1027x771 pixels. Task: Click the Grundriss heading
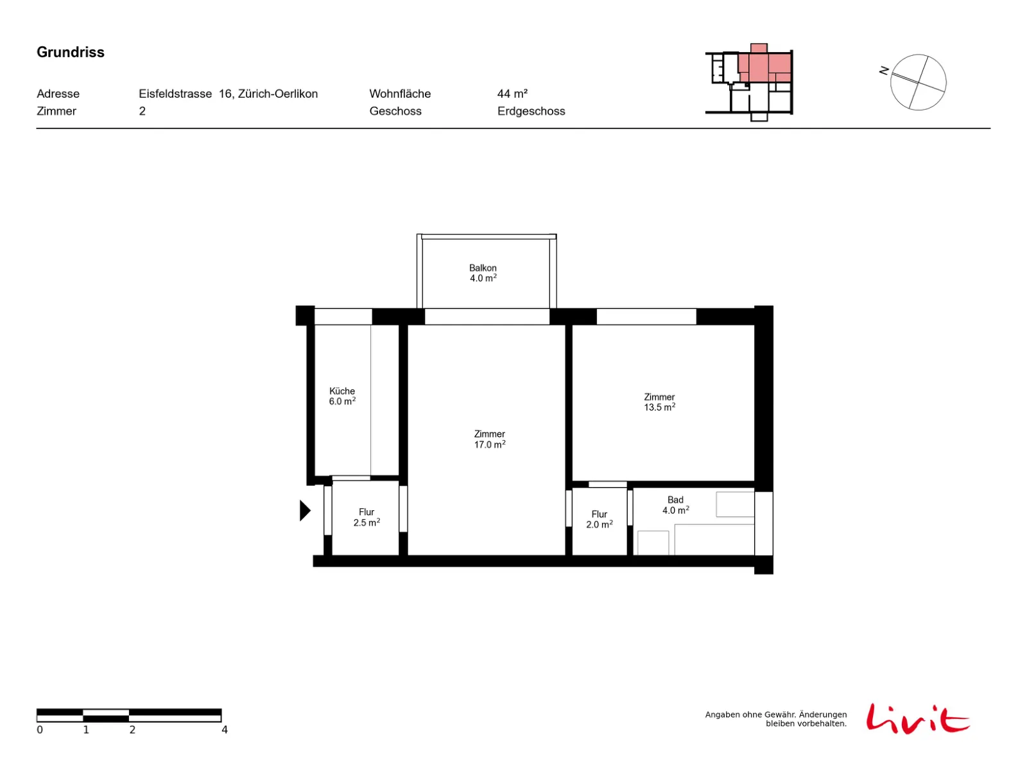[x=70, y=52]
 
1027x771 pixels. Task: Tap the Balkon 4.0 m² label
[x=483, y=273]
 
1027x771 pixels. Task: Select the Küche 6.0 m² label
[x=342, y=396]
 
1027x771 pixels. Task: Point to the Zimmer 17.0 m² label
[x=489, y=439]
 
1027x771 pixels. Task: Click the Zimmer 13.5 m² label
[x=659, y=402]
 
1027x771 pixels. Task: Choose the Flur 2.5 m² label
[x=367, y=517]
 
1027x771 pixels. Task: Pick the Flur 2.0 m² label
[x=600, y=519]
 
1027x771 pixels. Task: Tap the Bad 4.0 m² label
[x=676, y=505]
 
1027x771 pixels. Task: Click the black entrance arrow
[x=305, y=510]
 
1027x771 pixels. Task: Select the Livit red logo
[x=917, y=718]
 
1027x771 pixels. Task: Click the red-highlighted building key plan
[x=748, y=82]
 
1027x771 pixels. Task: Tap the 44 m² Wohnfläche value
[x=512, y=94]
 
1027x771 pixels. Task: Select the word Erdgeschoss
[x=531, y=111]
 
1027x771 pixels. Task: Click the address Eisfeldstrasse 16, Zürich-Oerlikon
[x=228, y=94]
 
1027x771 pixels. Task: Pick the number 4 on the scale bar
[x=224, y=730]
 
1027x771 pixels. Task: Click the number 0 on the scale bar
[x=40, y=730]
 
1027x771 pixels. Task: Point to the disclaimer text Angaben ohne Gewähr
[x=750, y=715]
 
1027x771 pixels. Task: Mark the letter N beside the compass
[x=883, y=71]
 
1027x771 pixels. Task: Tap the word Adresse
[x=58, y=94]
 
